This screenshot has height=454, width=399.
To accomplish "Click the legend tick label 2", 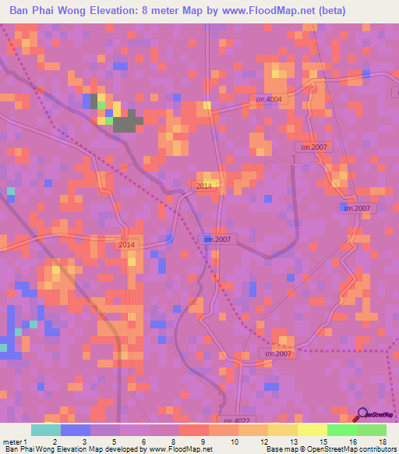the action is pyautogui.click(x=53, y=442).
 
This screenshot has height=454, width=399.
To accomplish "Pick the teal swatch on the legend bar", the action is pyautogui.click(x=45, y=430).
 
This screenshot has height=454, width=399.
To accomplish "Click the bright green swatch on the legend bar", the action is pyautogui.click(x=341, y=430).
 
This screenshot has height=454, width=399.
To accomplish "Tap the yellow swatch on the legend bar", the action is pyautogui.click(x=312, y=430).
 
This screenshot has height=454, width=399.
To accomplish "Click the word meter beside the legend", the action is pyautogui.click(x=11, y=442).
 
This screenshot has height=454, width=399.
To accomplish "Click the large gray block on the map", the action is pyautogui.click(x=129, y=121).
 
